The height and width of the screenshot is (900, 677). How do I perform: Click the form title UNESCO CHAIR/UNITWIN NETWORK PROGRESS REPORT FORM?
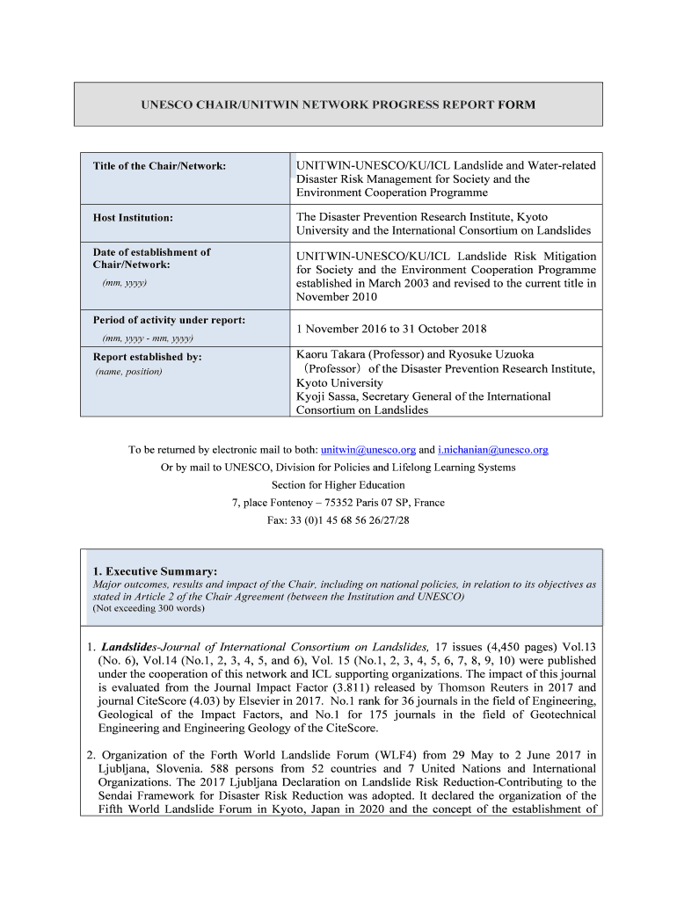[338, 105]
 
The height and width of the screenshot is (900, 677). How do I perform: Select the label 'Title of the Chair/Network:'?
[159, 166]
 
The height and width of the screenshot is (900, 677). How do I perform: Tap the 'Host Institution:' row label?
[133, 217]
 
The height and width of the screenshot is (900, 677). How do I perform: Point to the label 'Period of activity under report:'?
[169, 320]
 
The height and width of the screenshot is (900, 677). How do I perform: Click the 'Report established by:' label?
[147, 357]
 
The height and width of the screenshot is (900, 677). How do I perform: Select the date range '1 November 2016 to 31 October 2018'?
[391, 329]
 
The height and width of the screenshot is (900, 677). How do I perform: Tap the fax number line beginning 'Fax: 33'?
[338, 520]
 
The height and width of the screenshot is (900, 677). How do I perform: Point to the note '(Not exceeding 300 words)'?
[149, 608]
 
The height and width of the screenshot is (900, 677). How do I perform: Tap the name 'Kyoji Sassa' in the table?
[327, 396]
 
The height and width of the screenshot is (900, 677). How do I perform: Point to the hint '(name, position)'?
[128, 372]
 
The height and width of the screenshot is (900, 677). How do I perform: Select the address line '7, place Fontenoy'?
[276, 503]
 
